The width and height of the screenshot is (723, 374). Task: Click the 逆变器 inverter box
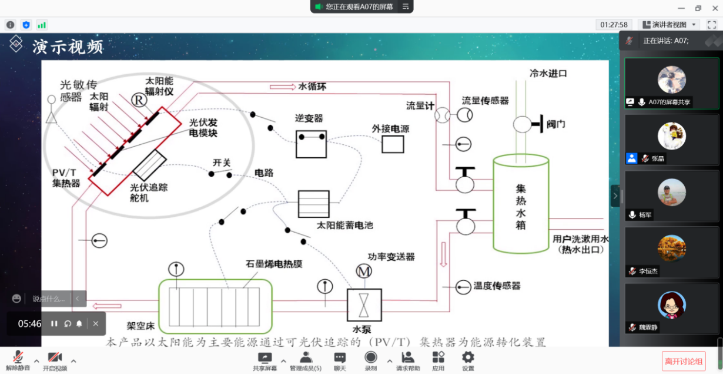(x=311, y=143)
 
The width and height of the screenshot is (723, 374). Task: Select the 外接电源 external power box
(x=393, y=144)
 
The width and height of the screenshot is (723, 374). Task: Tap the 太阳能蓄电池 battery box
(x=313, y=204)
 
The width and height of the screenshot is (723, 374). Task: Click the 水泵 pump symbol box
(x=364, y=305)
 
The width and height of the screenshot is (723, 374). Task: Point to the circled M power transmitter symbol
(x=364, y=272)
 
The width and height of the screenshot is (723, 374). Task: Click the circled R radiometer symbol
(x=139, y=100)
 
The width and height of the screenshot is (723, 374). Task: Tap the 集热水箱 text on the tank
(x=521, y=207)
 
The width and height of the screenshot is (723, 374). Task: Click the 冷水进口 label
(x=548, y=74)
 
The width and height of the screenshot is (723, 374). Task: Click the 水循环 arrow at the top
(x=283, y=87)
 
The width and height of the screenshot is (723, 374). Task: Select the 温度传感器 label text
(x=497, y=286)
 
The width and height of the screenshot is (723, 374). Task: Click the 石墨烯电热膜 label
(x=273, y=264)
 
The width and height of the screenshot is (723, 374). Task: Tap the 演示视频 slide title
(x=68, y=47)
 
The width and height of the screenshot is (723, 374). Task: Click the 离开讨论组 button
(x=684, y=360)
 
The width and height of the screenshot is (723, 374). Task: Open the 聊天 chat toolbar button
(x=340, y=360)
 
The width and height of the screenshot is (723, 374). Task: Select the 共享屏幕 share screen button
(x=265, y=360)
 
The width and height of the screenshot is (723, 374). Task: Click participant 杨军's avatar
(x=671, y=192)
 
